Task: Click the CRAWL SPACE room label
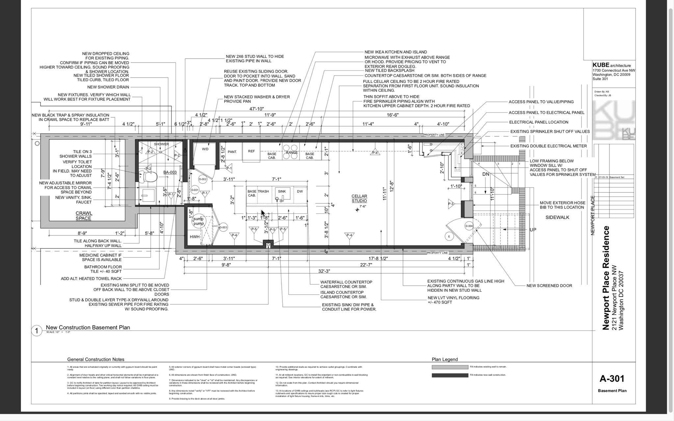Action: (x=84, y=216)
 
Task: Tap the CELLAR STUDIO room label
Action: (x=359, y=198)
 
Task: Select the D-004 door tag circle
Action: (x=469, y=226)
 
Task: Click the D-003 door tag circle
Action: (x=223, y=227)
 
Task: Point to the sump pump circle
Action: (x=198, y=221)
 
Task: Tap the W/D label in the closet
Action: (x=205, y=149)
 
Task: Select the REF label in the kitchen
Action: (x=251, y=151)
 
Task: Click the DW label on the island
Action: (x=300, y=191)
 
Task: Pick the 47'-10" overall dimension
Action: (x=256, y=109)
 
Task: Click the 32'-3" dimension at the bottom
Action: (x=324, y=271)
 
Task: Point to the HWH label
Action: (x=194, y=237)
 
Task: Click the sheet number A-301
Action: (x=612, y=379)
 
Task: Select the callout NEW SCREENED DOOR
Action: (x=549, y=285)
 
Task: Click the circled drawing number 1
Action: (x=37, y=331)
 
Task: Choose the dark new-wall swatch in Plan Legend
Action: (x=450, y=375)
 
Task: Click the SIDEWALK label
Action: (x=557, y=217)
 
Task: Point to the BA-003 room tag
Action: (x=170, y=172)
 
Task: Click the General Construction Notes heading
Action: (x=96, y=359)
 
